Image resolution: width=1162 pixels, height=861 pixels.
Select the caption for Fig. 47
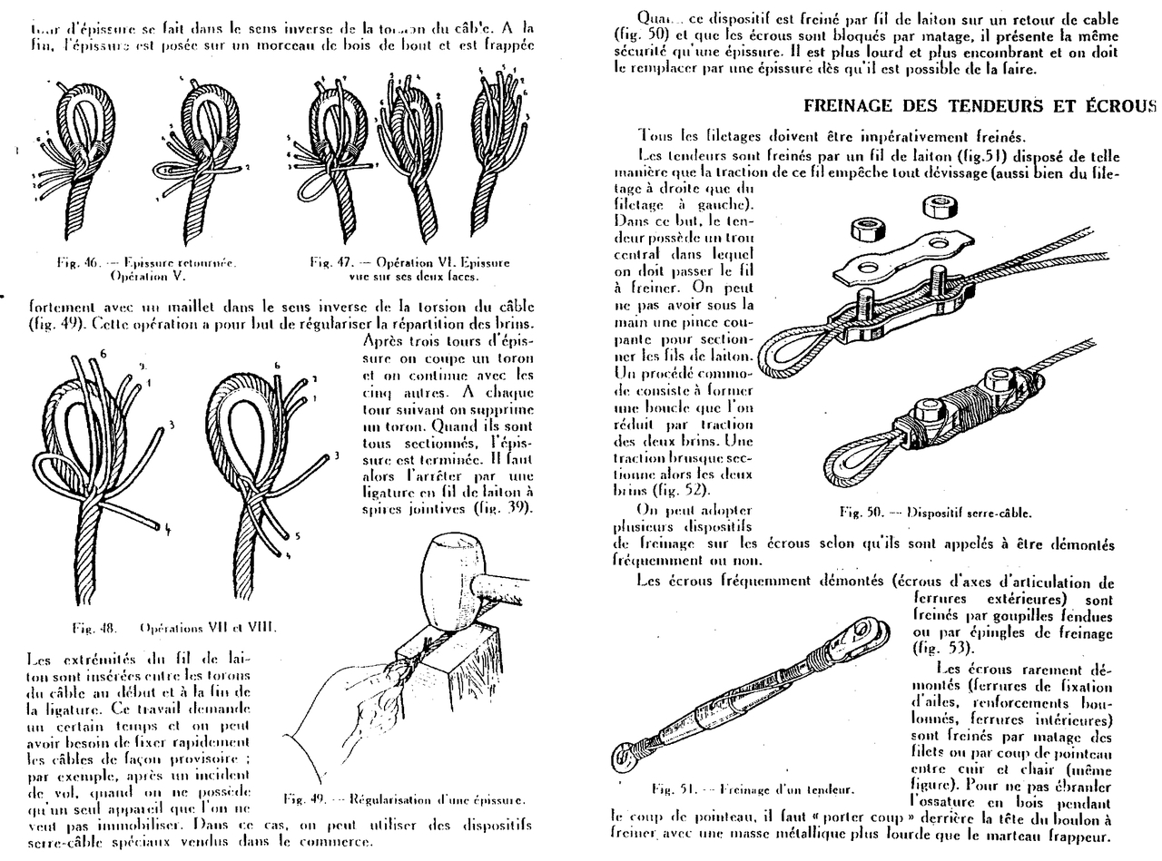point(410,269)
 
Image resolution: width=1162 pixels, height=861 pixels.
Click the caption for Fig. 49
point(404,799)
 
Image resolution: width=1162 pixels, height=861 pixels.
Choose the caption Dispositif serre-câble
point(936,513)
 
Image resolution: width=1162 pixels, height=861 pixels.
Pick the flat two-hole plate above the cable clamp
point(898,258)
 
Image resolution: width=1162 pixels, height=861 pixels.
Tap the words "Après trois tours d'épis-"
point(447,341)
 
